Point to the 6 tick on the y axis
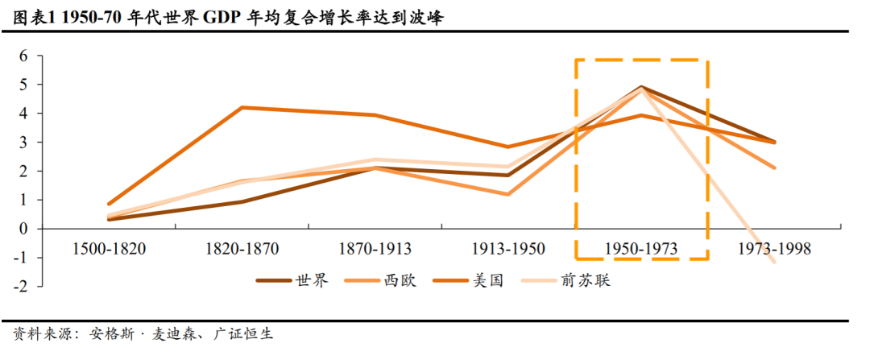[23, 56]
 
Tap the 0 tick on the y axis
[23, 229]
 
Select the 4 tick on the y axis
[23, 114]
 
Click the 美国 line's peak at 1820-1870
[242, 107]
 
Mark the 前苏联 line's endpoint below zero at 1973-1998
[774, 263]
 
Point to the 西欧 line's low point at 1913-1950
[507, 194]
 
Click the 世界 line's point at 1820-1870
[242, 201]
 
